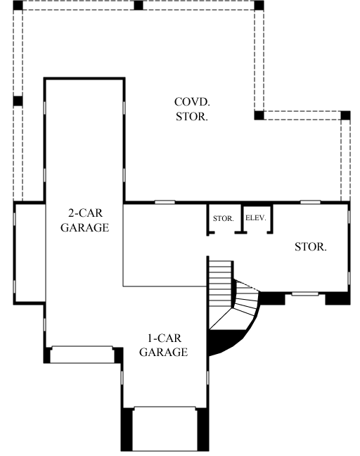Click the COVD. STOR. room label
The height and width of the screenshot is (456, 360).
click(x=191, y=110)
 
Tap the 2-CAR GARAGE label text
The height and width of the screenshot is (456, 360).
click(x=84, y=220)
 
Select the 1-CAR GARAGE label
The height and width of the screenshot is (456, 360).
click(x=163, y=346)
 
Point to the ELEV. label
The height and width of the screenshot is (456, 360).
click(x=255, y=218)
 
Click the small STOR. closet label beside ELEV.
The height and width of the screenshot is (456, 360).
click(x=223, y=219)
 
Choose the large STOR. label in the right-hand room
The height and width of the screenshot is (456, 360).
click(x=310, y=247)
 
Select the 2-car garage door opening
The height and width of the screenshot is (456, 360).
click(x=83, y=354)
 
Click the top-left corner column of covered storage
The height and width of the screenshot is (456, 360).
click(x=18, y=5)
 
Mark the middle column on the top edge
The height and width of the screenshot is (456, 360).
click(x=139, y=5)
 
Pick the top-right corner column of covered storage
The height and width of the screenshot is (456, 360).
click(x=259, y=5)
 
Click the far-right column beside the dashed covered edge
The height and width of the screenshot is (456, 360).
click(x=345, y=115)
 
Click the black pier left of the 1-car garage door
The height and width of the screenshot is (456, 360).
click(x=127, y=429)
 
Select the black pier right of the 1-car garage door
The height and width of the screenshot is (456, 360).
click(x=204, y=429)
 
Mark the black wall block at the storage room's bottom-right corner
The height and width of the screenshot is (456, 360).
click(x=337, y=298)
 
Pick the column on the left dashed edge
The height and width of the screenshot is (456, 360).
click(x=18, y=101)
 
